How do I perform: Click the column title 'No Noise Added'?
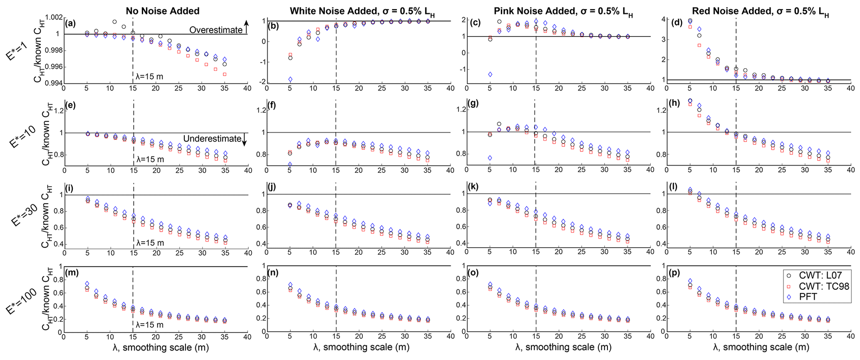(x=162, y=11)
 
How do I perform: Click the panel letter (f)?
(x=272, y=105)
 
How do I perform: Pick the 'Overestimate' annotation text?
(x=216, y=30)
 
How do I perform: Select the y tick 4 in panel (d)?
(x=662, y=19)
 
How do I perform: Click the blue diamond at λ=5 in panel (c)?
(x=490, y=74)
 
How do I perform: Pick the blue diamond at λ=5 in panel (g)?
(x=490, y=158)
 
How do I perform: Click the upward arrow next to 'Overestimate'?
(x=246, y=27)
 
